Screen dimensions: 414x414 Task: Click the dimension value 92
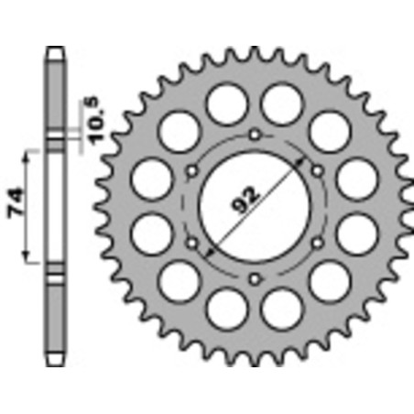245,200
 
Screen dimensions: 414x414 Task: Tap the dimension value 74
16,203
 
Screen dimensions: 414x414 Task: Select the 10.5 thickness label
97,120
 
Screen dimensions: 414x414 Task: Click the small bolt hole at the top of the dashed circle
255,135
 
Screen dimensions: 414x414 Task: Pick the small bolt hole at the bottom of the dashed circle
255,278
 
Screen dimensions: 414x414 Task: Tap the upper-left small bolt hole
192,171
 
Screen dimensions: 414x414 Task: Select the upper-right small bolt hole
318,170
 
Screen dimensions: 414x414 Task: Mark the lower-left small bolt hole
192,243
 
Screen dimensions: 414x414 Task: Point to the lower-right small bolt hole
318,243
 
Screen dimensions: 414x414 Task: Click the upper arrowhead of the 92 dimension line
300,162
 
